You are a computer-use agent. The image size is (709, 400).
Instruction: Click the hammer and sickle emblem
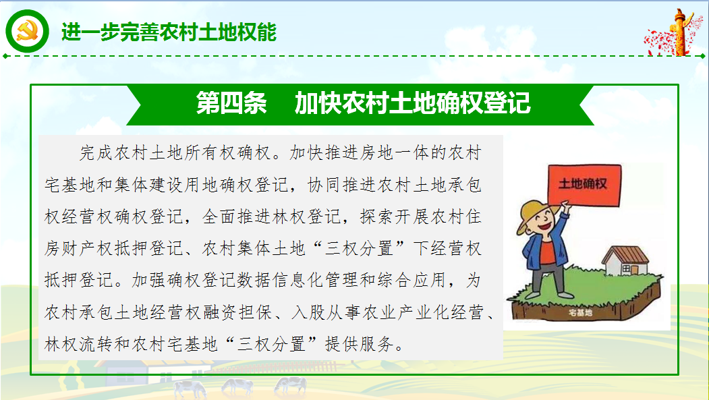click(x=27, y=31)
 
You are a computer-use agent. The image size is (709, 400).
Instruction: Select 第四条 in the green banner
click(x=231, y=103)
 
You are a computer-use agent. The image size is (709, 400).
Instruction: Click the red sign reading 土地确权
click(x=584, y=185)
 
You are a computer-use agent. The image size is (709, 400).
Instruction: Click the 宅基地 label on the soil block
click(x=580, y=312)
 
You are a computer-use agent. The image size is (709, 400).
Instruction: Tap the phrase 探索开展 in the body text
click(x=394, y=217)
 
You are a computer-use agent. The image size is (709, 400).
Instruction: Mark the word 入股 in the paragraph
click(x=308, y=312)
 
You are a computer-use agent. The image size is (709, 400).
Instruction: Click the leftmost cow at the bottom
click(x=190, y=389)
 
